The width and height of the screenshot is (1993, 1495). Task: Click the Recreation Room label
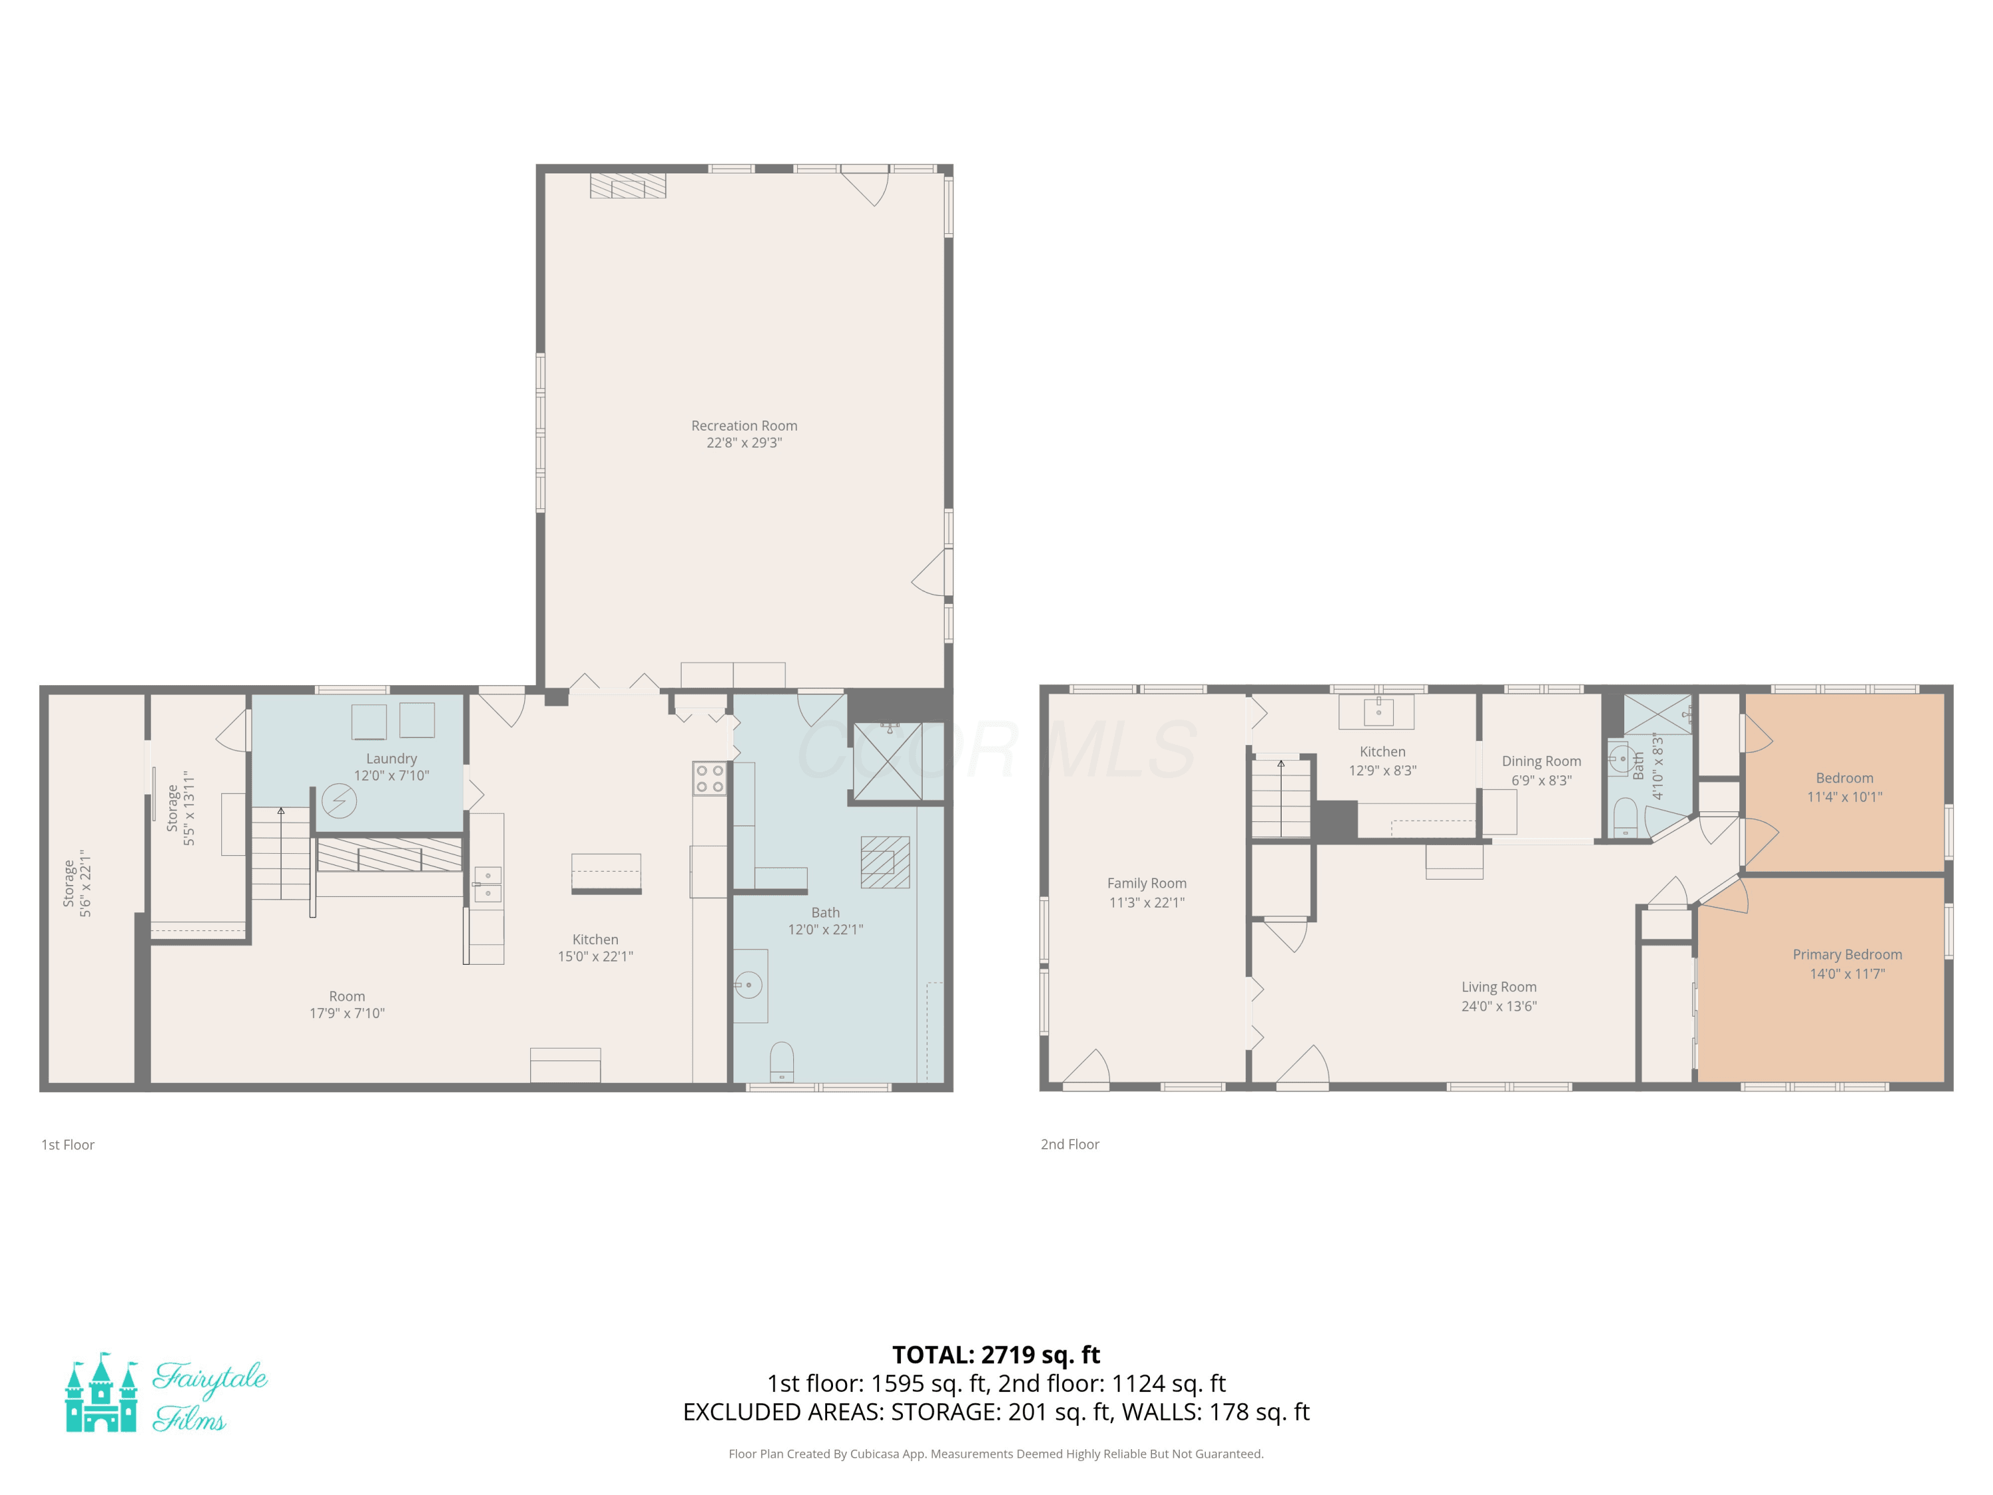(744, 425)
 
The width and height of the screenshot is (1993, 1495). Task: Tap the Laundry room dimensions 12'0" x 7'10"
(391, 775)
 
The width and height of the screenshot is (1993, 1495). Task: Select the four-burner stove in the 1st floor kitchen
(709, 779)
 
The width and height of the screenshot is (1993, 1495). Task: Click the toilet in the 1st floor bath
(781, 1062)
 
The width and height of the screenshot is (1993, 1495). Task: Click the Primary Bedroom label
(1847, 954)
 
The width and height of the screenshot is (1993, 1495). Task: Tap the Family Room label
(1146, 883)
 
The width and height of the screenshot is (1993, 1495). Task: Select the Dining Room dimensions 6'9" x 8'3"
(1542, 781)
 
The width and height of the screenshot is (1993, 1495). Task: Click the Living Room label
(1498, 987)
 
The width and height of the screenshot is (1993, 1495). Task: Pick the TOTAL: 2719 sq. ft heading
(996, 1354)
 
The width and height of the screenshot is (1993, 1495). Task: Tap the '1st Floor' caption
(68, 1144)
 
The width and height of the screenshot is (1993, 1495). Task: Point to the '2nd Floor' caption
(1070, 1144)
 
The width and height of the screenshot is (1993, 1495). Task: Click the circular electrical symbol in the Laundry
(339, 800)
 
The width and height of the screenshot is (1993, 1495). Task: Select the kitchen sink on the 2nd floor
(1378, 712)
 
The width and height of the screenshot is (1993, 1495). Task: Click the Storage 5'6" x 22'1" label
(76, 883)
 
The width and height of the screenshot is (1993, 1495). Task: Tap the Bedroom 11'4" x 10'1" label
(1844, 787)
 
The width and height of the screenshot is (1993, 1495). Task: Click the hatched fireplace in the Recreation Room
(628, 185)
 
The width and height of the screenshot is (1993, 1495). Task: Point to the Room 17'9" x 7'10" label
(347, 1005)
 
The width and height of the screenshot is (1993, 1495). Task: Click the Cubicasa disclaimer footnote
(996, 1454)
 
